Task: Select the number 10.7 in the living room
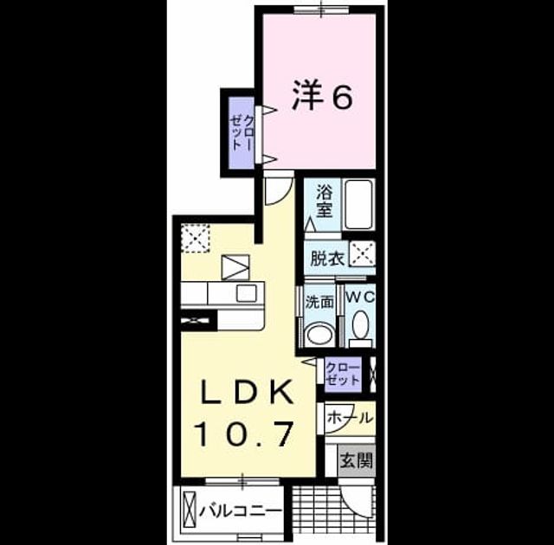click(245, 433)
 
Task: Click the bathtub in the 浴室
click(359, 205)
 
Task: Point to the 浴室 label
click(325, 202)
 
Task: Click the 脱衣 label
click(327, 259)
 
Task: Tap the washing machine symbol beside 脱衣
click(362, 253)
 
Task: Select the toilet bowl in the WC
click(361, 325)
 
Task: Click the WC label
click(360, 298)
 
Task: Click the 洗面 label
click(319, 302)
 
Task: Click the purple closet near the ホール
click(344, 375)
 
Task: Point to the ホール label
click(350, 419)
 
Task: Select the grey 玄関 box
click(357, 460)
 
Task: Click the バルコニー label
click(241, 510)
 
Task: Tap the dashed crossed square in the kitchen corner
click(196, 238)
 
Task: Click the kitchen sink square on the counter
click(246, 293)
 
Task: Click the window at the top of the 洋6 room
click(321, 10)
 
